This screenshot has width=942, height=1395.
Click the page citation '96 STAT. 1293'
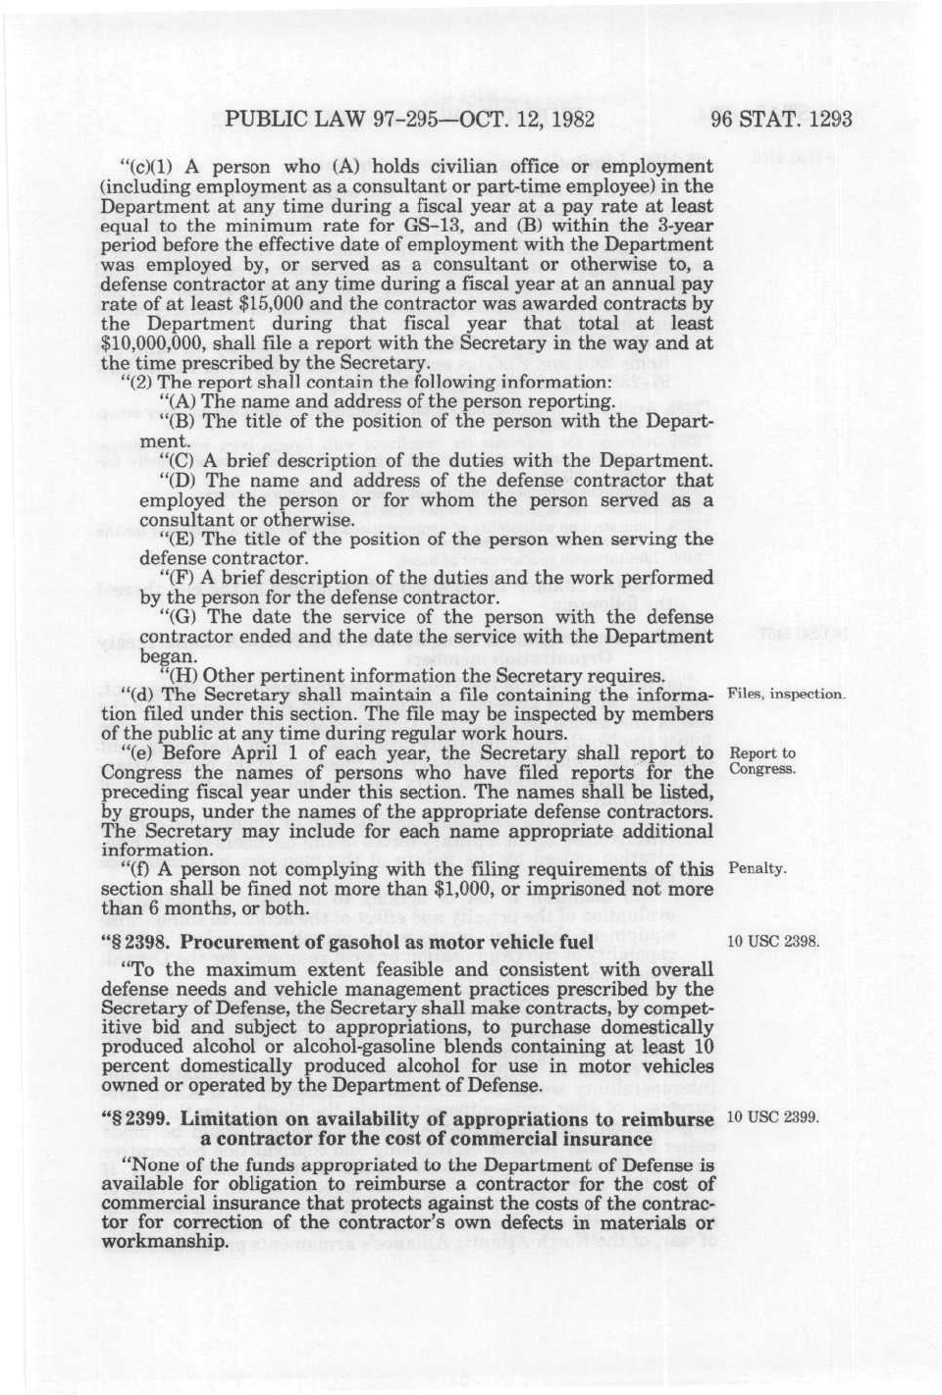(781, 122)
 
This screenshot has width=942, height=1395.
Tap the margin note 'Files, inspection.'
(785, 695)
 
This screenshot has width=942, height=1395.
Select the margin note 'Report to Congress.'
(761, 761)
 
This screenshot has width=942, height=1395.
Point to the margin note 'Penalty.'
(758, 869)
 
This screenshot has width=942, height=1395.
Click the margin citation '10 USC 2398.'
(773, 943)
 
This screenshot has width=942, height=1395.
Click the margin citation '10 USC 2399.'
(773, 1118)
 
